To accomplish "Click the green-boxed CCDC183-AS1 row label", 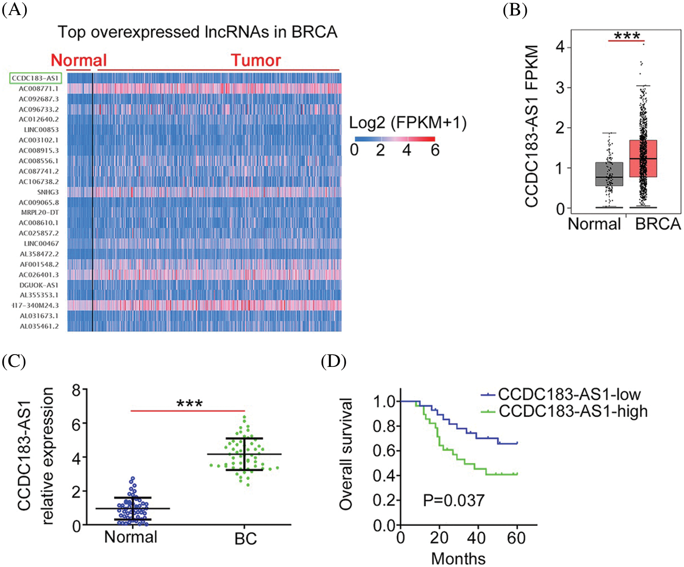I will [x=35, y=78].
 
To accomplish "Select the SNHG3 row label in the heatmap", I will [x=48, y=192].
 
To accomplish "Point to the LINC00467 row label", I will [x=41, y=243].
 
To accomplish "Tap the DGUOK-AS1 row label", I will [x=39, y=285].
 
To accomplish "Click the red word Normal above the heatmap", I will [x=78, y=60].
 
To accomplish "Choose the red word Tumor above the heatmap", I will [x=256, y=60].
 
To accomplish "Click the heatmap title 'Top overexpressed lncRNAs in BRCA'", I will [x=197, y=32].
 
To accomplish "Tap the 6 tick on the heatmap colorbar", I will [x=435, y=150].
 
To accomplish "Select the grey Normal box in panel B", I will [x=609, y=174].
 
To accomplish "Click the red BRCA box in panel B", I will [x=643, y=159].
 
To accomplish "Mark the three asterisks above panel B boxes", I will [x=627, y=36].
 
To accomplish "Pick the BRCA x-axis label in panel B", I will [x=658, y=224].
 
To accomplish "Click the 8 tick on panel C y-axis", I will [x=76, y=391].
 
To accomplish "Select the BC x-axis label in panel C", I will [x=245, y=539].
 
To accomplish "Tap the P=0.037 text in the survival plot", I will [x=453, y=500].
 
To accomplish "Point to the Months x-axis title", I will [x=458, y=558].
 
